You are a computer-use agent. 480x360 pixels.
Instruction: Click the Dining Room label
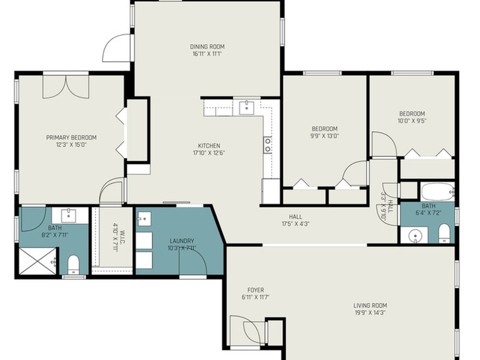tap(207, 46)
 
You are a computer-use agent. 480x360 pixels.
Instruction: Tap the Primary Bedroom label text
tap(71, 137)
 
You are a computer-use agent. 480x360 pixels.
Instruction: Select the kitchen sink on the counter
tap(246, 107)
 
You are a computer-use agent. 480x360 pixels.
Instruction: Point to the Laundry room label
tap(181, 241)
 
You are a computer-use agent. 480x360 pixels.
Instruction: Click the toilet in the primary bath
tap(74, 265)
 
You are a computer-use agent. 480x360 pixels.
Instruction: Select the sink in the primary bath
tap(69, 216)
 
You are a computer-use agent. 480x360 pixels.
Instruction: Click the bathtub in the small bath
tap(437, 192)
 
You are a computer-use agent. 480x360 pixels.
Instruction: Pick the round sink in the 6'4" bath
tap(414, 236)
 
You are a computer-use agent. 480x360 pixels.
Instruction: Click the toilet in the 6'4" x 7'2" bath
tap(444, 233)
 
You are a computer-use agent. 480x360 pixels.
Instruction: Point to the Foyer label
tap(255, 290)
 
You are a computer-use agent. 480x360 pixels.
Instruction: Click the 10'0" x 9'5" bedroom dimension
tap(412, 120)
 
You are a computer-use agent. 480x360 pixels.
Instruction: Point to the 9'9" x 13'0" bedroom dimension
tap(324, 136)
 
